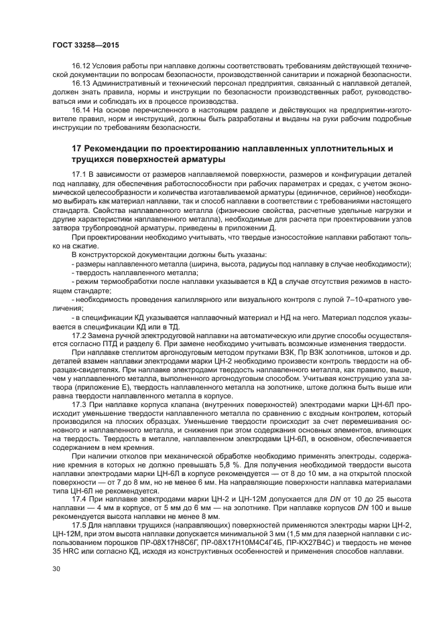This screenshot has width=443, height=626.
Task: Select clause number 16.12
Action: [80, 67]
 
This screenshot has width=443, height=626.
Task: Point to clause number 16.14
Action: [80, 109]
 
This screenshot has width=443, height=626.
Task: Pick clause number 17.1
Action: [79, 174]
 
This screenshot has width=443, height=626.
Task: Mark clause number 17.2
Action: [79, 333]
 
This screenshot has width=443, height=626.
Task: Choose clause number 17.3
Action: [79, 405]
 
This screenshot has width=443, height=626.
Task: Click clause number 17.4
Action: [79, 499]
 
